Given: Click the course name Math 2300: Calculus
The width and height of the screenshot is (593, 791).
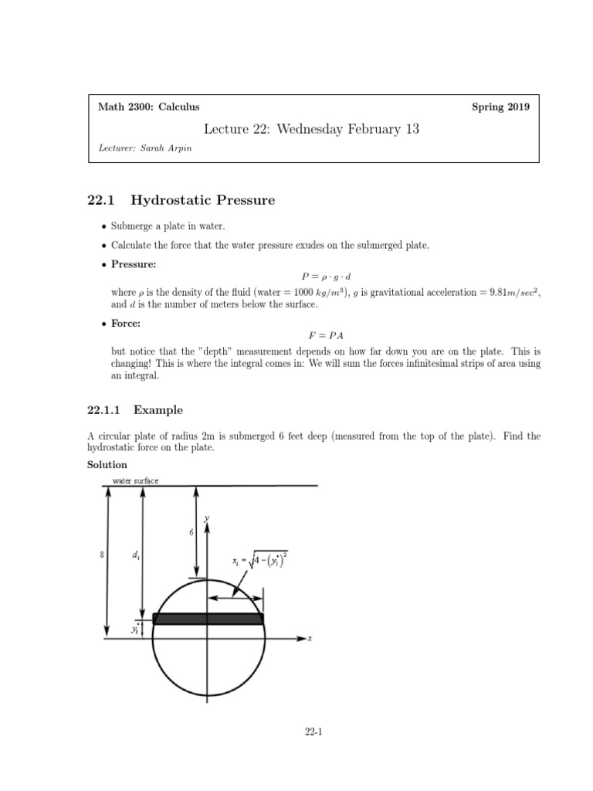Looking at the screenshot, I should [144, 107].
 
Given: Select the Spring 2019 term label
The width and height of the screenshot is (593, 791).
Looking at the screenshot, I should [500, 107].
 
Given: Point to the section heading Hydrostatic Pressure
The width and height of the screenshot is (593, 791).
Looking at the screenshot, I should [203, 201].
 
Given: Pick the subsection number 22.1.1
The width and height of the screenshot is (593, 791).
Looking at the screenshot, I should [110, 409].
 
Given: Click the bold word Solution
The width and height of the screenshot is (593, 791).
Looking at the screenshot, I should [108, 464].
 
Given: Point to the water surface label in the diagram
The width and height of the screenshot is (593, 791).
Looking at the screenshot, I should [135, 480].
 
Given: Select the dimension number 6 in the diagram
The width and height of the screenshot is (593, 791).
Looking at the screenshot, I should [191, 533].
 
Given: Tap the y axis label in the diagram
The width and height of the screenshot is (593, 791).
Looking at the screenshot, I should [206, 519].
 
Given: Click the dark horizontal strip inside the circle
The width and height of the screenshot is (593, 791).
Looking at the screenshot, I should [208, 618].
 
